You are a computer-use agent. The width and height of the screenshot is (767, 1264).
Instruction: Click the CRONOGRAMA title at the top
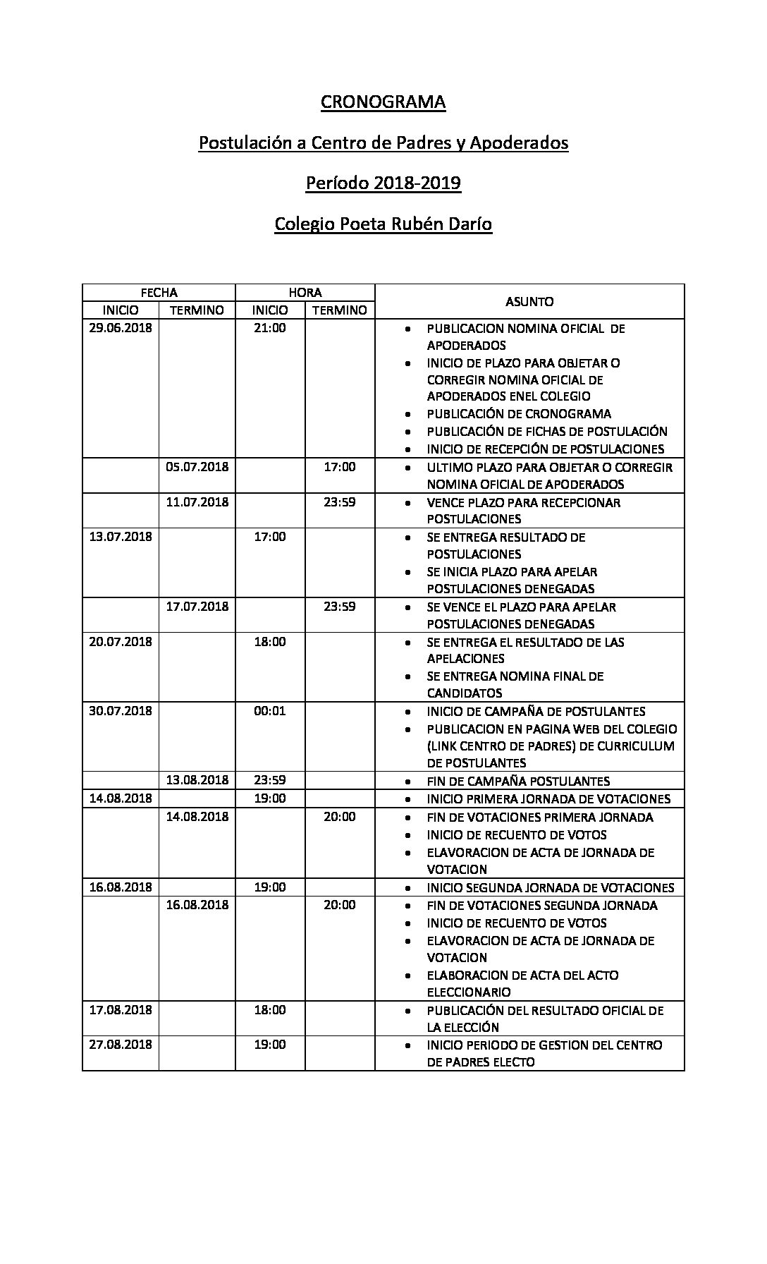(383, 102)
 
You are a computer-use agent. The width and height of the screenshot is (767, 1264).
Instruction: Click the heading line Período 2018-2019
(383, 183)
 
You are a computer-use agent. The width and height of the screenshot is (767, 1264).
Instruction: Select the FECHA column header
(159, 293)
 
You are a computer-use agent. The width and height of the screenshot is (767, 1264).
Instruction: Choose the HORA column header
(305, 293)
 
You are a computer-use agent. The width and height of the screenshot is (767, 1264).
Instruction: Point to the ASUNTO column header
(529, 301)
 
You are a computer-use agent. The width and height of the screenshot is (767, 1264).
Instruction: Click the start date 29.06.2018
(121, 328)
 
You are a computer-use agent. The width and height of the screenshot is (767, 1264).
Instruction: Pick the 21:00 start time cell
(270, 328)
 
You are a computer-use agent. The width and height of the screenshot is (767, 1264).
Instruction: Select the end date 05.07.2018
(197, 467)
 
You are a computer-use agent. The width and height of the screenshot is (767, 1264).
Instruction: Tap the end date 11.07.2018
(197, 502)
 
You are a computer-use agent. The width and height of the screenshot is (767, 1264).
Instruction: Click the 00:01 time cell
(270, 711)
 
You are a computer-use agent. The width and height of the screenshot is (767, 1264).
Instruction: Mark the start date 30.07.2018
(121, 711)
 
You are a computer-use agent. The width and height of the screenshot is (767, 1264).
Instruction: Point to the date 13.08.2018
(197, 780)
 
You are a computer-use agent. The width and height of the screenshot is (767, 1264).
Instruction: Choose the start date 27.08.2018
(121, 1045)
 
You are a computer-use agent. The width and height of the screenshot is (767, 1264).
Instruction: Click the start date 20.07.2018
(121, 642)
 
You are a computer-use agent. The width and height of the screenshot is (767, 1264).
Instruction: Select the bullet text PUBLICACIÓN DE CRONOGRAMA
(519, 414)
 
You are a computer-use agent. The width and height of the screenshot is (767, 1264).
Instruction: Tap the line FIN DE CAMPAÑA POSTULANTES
(518, 782)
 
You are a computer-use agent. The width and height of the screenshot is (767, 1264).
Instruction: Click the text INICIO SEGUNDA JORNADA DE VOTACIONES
(551, 888)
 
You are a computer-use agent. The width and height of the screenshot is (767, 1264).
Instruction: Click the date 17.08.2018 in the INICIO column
(121, 1010)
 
